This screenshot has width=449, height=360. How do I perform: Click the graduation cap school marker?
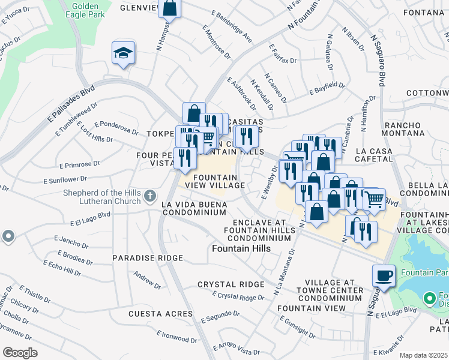123,53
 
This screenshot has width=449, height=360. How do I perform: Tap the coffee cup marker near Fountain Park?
384,276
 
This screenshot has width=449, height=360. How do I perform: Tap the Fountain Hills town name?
241,248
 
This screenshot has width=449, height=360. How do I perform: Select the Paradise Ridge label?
147,257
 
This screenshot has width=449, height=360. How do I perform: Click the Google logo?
20,352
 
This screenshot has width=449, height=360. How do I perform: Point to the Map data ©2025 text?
424,355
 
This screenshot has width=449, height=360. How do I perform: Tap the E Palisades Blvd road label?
70,107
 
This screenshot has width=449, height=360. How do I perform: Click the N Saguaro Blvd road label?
381,63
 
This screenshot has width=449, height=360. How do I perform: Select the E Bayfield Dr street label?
327,89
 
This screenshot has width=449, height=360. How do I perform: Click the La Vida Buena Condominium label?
194,208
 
